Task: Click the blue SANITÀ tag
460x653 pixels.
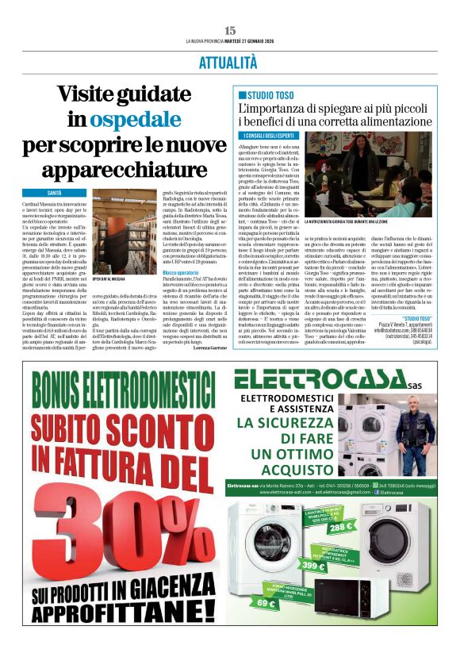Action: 65,193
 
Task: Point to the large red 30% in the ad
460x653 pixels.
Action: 115,532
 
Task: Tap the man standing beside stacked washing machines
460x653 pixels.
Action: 416,424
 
